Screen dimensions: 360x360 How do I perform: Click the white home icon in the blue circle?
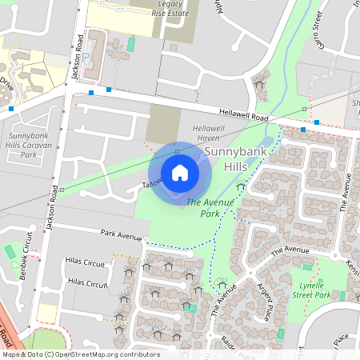(180, 173)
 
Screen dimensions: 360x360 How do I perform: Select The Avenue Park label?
(210, 209)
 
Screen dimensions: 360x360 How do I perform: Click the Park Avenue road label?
(122, 235)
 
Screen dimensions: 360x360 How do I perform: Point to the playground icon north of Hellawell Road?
(259, 82)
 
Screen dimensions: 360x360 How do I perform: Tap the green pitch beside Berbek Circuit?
(10, 251)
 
